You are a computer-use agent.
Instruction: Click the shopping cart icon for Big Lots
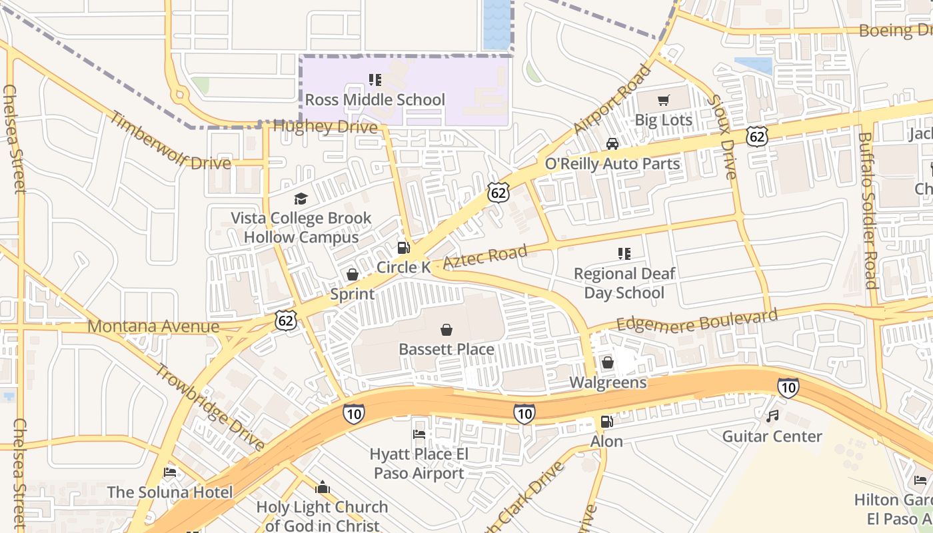pos(663,101)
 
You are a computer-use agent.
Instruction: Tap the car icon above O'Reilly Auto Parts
pos(612,144)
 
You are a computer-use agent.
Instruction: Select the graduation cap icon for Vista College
pos(301,199)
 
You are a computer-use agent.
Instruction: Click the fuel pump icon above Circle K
pos(403,248)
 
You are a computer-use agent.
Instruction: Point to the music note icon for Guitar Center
pos(772,416)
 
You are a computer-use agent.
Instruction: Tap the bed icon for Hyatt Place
pos(419,434)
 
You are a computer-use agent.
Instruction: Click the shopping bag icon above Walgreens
pos(607,363)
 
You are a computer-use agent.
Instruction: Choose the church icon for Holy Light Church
pos(323,488)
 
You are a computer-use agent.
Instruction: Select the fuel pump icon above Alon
pos(606,422)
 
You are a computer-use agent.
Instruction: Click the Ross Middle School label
pos(375,100)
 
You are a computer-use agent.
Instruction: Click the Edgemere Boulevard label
pos(696,320)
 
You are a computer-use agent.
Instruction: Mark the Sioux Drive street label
pos(722,137)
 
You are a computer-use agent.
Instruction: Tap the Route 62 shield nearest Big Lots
pos(757,135)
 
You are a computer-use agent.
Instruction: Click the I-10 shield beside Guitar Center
pos(788,387)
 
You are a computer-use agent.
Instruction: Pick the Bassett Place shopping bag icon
pos(447,330)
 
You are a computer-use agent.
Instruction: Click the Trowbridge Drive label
pos(210,406)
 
